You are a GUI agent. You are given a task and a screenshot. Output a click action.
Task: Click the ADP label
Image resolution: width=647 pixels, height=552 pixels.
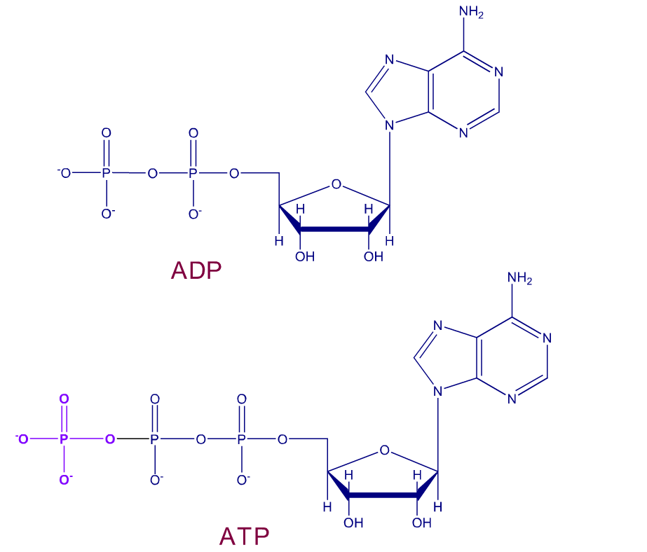point(196,270)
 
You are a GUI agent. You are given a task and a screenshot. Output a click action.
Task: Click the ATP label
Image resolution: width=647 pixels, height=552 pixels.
point(244,537)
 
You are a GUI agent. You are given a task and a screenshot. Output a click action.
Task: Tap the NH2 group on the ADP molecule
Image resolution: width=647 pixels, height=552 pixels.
point(471,11)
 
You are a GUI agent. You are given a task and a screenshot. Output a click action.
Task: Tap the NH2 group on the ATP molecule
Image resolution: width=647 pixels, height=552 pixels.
point(519,278)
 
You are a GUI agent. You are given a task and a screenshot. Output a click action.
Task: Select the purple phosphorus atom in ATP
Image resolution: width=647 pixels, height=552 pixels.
point(63,439)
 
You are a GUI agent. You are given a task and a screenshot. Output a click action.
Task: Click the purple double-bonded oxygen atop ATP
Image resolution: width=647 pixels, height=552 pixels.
point(64,399)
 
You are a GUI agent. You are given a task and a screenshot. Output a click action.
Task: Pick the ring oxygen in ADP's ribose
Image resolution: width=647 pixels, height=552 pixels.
point(336,184)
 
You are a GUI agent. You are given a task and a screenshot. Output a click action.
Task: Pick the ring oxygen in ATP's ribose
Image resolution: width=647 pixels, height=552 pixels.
point(385,450)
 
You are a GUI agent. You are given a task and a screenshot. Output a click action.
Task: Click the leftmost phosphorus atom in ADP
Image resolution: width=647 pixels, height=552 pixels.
point(106,173)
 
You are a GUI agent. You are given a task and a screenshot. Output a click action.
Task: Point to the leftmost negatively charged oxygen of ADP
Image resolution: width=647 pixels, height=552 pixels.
point(64,173)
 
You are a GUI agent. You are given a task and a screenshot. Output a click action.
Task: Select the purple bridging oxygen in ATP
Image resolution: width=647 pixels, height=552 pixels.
point(110,439)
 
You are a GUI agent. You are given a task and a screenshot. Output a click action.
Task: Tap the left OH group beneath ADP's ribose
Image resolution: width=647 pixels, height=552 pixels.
point(305,257)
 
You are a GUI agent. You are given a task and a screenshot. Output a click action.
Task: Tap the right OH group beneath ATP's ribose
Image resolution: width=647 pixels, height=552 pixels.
point(422,523)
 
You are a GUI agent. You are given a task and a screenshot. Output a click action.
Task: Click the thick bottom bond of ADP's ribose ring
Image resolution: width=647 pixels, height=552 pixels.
point(334,229)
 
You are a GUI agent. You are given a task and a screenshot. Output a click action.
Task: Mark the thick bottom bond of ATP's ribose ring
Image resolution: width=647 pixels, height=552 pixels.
point(383,495)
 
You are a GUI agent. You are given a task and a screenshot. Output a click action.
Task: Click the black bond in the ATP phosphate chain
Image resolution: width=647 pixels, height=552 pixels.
point(133,439)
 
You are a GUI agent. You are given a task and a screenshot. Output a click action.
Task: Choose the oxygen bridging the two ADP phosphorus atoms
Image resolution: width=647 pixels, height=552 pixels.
point(153,174)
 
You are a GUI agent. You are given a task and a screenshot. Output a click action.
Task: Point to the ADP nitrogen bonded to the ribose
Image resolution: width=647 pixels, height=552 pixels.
point(390,125)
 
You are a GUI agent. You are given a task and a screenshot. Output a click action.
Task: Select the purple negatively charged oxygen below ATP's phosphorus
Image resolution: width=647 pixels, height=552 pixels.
point(65,479)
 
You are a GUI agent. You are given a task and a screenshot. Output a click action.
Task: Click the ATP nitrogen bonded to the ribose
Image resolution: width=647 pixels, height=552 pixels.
point(438,391)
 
